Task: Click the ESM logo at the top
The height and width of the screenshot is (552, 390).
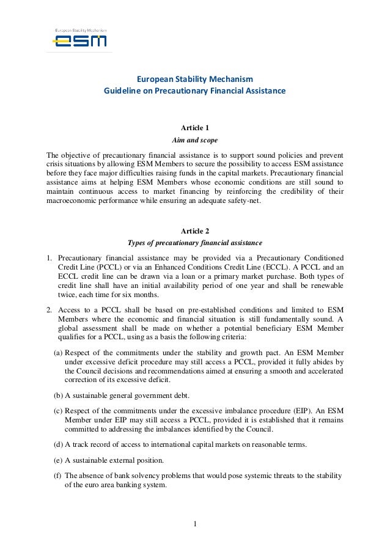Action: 79,40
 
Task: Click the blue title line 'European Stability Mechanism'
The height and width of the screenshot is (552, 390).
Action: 194,79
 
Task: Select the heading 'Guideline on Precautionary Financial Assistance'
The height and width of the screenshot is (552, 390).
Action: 194,91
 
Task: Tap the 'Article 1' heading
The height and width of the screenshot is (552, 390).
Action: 195,127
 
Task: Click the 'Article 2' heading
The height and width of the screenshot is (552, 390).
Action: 195,230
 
